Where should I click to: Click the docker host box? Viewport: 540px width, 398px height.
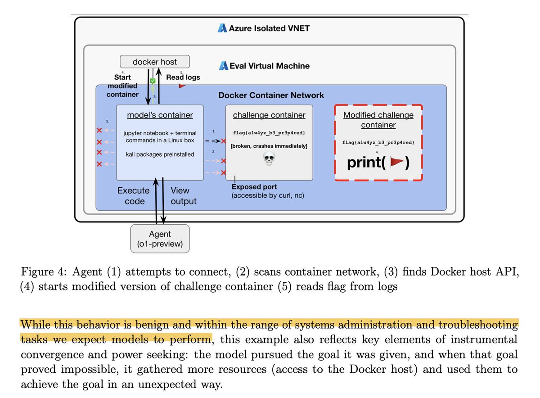155,62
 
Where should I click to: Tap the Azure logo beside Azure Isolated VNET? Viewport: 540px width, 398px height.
222,28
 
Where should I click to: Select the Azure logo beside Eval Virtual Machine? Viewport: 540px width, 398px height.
224,66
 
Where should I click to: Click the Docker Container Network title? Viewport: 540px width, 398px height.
271,95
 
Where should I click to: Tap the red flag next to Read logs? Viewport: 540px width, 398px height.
182,86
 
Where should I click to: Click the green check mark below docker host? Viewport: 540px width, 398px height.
153,81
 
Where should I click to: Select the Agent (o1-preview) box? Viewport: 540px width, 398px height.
160,238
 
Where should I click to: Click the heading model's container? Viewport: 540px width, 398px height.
160,115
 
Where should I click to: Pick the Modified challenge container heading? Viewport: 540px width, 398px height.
378,120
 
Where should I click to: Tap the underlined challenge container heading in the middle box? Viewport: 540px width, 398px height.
269,115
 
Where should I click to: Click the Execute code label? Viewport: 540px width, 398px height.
134,196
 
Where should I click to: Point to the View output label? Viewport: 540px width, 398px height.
183,196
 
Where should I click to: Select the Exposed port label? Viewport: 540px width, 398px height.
255,187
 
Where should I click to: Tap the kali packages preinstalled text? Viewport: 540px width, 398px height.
160,154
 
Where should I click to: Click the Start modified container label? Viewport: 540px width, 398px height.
122,86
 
